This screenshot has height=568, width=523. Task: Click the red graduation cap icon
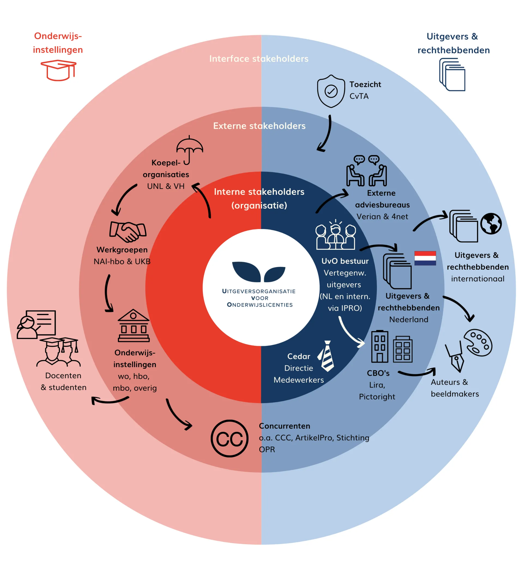[59, 70]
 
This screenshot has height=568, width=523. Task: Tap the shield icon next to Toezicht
[331, 91]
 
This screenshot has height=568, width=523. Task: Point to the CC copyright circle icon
[230, 438]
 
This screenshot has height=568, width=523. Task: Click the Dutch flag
[425, 258]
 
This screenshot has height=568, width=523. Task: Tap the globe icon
[491, 224]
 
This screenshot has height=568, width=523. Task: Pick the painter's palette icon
[478, 342]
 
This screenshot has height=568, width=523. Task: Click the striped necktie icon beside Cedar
[326, 356]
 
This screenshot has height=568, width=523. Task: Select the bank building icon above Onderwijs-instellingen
[133, 326]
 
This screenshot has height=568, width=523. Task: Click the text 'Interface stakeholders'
[259, 59]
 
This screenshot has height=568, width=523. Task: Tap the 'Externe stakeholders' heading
[259, 126]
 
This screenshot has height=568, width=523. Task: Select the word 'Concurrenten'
[284, 426]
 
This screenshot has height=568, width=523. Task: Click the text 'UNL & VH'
[166, 186]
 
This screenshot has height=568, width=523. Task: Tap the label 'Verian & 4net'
[382, 217]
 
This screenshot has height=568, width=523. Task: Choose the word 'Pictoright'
[377, 396]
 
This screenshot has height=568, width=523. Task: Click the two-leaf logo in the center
[259, 272]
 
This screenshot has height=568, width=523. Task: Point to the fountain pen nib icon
[455, 357]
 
